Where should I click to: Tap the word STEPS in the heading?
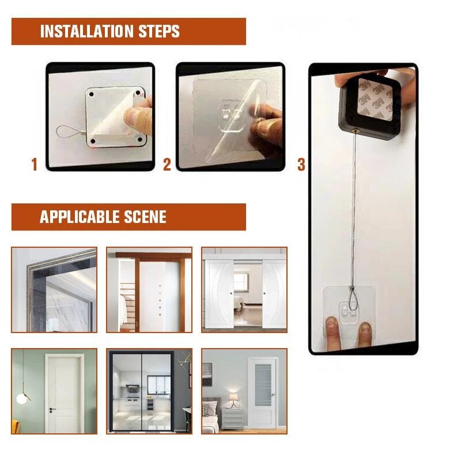coord(158,31)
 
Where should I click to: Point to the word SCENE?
coord(144,217)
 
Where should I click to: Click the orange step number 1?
coord(34,165)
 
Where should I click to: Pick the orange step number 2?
coord(167,165)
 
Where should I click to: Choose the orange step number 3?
coord(301,165)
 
